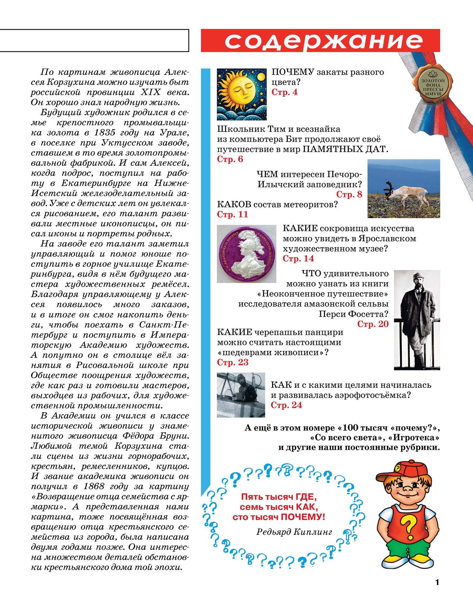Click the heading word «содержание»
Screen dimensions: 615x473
[x=323, y=41]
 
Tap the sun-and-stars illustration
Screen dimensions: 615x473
[x=241, y=94]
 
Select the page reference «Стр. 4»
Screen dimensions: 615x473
[x=284, y=92]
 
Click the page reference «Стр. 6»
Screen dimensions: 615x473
[x=230, y=159]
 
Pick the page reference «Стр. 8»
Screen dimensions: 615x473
[x=349, y=194]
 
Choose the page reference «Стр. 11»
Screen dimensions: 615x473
[x=232, y=214]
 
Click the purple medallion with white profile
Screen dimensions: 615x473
[x=246, y=254]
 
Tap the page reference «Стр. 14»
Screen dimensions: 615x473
[x=298, y=259]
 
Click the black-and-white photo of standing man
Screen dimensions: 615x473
[x=417, y=320]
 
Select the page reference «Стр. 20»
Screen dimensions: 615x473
[x=373, y=324]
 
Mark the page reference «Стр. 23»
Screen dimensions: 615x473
[x=233, y=363]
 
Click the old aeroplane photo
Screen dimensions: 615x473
[x=241, y=395]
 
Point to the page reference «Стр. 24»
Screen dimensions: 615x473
[x=286, y=405]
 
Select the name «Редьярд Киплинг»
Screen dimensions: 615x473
[x=294, y=532]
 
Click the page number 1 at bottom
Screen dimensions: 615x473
[x=437, y=582]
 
